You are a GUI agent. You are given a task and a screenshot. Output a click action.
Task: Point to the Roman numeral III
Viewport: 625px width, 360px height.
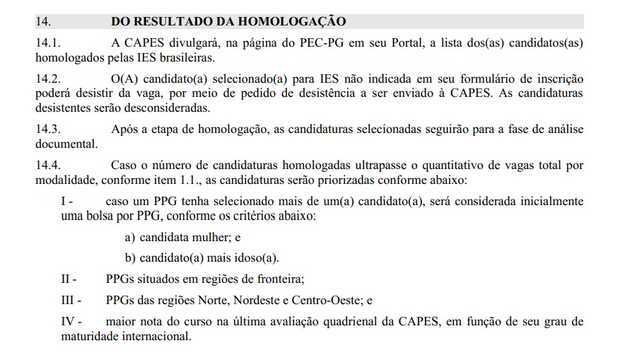[69, 300]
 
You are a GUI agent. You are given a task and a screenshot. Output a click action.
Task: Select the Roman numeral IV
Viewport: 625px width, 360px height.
[69, 322]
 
